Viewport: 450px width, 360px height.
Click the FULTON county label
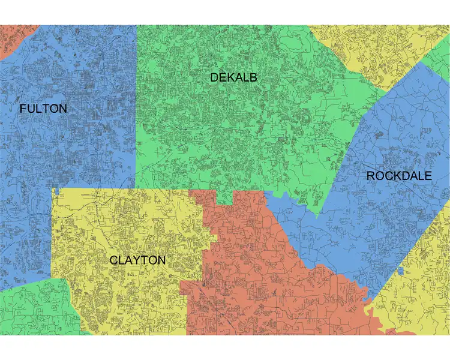pos(43,109)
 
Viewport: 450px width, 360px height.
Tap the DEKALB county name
pos(233,77)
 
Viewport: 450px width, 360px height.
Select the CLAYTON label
pos(137,260)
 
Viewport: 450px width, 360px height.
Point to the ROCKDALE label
pos(398,176)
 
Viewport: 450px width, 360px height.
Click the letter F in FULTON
pos(23,109)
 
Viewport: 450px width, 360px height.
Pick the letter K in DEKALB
pos(232,77)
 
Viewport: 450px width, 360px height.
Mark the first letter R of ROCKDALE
pos(371,176)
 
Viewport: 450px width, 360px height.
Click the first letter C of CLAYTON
pos(113,260)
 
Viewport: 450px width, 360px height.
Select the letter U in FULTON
pos(31,109)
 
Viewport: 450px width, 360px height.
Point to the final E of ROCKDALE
pos(427,176)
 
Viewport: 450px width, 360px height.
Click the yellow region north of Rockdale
pos(372,51)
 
